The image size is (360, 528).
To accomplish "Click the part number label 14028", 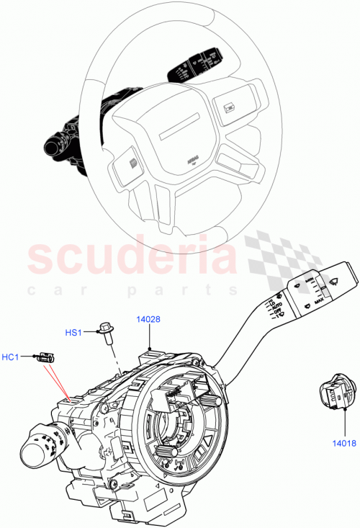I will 150,317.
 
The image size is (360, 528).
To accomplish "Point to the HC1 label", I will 10,357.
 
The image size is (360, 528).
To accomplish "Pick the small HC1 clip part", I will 48,355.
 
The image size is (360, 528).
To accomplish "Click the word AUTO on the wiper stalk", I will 275,307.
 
